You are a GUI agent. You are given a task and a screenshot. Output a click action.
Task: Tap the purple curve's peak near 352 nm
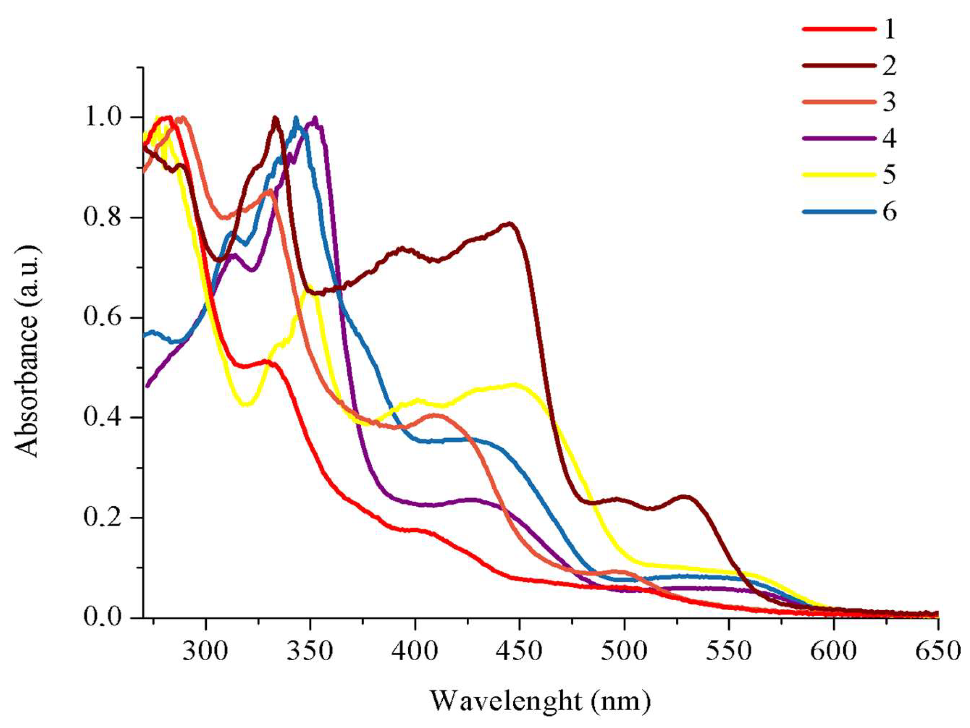click(315, 119)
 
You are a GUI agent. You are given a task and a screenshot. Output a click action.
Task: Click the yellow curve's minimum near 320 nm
click(246, 404)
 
